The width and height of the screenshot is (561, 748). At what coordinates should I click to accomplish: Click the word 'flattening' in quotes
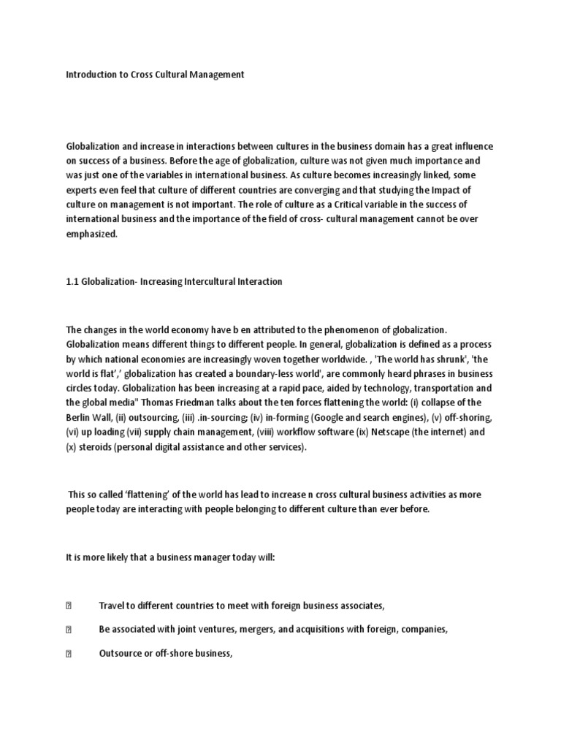pos(136,495)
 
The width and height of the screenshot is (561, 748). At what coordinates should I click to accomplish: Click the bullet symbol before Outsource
pos(69,654)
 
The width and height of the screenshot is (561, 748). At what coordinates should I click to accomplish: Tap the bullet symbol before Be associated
pos(69,630)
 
